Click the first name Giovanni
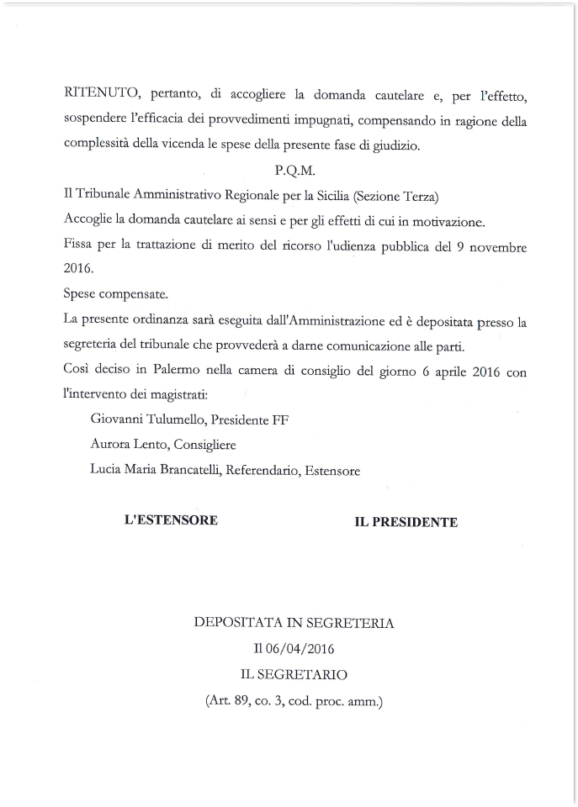click(x=117, y=419)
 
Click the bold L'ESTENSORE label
click(x=171, y=520)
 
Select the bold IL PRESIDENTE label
click(x=406, y=522)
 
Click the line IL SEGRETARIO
click(x=294, y=674)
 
